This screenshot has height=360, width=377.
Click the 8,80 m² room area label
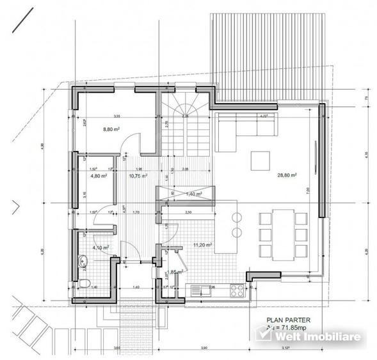[x=113, y=129]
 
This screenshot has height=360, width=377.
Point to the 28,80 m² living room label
[x=286, y=175]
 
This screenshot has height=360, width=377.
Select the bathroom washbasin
[x=82, y=260]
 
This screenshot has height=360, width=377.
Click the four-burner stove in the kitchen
[x=236, y=291]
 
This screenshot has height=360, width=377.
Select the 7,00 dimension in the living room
[x=308, y=190]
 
